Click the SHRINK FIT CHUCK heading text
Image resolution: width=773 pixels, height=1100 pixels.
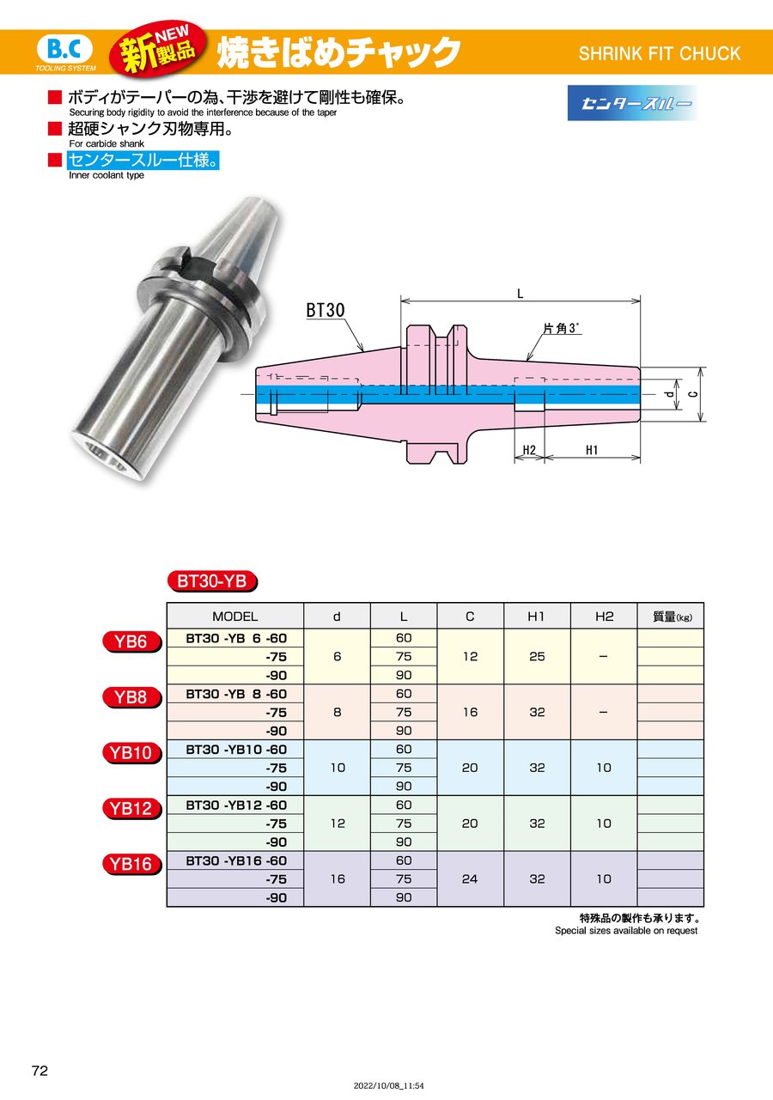tap(659, 53)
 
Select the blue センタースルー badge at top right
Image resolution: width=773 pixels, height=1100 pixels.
tap(632, 103)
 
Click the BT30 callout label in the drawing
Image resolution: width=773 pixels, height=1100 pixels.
tap(326, 310)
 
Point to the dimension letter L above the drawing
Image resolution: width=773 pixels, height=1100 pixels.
tap(520, 295)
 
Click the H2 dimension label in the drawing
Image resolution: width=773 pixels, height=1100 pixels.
tap(529, 450)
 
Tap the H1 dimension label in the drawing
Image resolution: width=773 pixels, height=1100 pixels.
tap(592, 450)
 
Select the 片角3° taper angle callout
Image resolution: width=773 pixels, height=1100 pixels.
tap(562, 328)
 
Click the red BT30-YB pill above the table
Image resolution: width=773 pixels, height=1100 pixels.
tap(212, 581)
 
